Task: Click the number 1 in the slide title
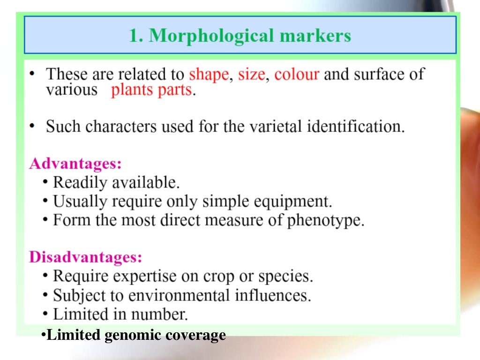pyautogui.click(x=135, y=36)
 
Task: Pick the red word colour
pyautogui.click(x=297, y=75)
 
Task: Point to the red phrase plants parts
pyautogui.click(x=152, y=90)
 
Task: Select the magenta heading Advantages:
pyautogui.click(x=75, y=164)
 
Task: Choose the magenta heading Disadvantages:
pyautogui.click(x=85, y=257)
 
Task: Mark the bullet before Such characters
pyautogui.click(x=31, y=126)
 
